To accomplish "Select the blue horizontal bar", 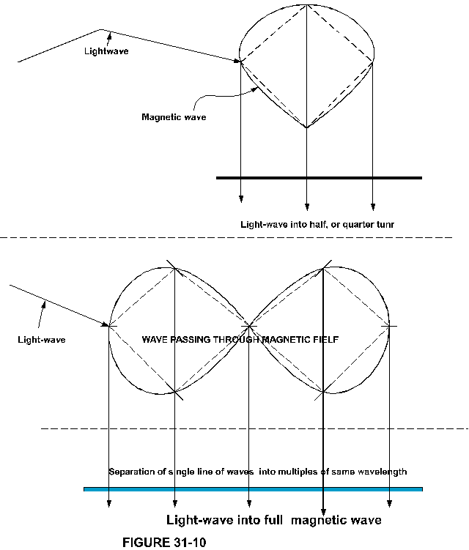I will (x=254, y=488).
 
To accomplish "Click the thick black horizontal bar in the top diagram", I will (x=320, y=177).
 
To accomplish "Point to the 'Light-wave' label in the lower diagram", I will (x=41, y=338).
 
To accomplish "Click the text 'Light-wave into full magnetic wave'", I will (x=274, y=520).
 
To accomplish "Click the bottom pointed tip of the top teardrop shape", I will (x=306, y=128).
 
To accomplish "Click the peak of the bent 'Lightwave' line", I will (x=102, y=30).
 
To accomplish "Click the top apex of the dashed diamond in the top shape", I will (x=306, y=15).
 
